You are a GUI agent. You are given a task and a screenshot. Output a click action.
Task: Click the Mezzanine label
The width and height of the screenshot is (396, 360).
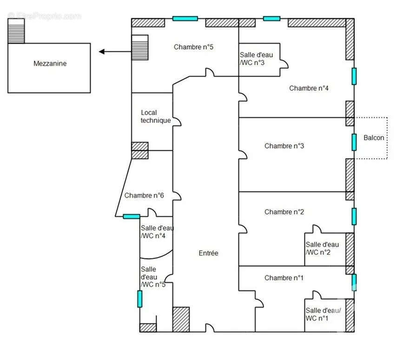[x=50, y=64]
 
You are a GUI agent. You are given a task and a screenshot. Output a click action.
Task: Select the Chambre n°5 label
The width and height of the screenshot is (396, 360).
[x=193, y=47]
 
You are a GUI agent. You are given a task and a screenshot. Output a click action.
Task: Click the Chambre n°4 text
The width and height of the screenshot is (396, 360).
[x=309, y=88]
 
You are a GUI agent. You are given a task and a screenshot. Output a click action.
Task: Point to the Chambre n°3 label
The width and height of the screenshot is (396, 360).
[x=284, y=146]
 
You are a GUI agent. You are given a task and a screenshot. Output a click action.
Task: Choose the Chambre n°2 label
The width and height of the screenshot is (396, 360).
[x=284, y=212]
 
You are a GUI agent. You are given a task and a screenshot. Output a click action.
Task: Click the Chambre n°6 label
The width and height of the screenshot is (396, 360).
[x=144, y=196]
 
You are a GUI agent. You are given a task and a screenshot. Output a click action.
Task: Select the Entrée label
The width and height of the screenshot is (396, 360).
[x=208, y=253]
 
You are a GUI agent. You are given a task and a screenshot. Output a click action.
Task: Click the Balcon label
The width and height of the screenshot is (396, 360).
[x=374, y=138]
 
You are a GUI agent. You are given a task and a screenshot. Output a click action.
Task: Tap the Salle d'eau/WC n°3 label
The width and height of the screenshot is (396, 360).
[x=256, y=59]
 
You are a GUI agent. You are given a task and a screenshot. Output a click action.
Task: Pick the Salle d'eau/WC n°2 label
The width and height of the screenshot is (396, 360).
[x=322, y=248]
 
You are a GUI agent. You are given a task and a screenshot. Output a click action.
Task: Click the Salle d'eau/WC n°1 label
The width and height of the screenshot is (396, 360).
[x=323, y=314]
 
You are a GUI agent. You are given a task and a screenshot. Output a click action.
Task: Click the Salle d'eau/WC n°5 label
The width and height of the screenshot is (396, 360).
[x=152, y=277]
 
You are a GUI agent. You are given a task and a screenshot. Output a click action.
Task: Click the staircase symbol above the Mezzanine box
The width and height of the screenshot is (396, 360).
[x=16, y=31]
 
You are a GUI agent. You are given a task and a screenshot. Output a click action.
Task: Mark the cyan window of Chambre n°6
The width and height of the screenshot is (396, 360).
[x=132, y=216]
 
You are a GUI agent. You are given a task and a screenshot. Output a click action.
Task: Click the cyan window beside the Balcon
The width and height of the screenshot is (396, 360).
[x=354, y=142]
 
